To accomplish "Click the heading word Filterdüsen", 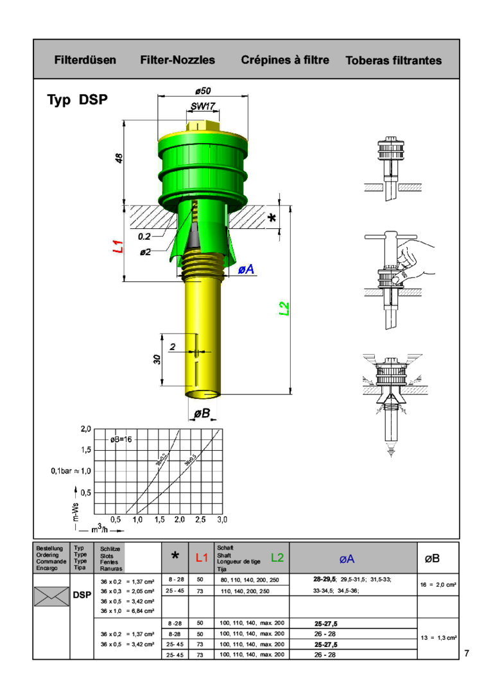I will [85, 60].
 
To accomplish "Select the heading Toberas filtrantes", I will [394, 61].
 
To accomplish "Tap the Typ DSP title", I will [77, 101].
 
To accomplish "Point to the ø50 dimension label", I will [202, 90].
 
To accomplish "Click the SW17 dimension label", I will [203, 106].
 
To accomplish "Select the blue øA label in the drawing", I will [246, 270].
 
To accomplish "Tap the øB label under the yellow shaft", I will [202, 414].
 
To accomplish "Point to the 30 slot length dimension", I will [157, 360].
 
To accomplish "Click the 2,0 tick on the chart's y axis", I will [85, 428].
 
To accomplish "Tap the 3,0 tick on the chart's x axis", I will [221, 518].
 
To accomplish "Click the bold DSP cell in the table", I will [82, 596].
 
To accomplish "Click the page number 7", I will [467, 653].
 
